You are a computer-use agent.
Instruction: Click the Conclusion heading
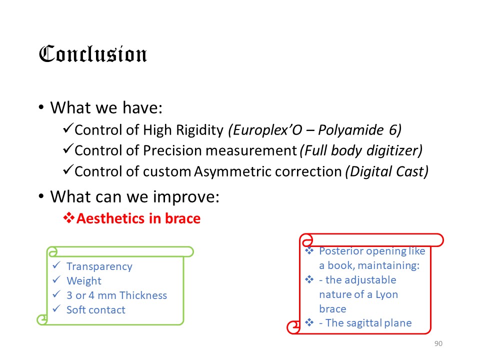pyautogui.click(x=93, y=54)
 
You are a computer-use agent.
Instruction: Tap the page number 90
pyautogui.click(x=438, y=343)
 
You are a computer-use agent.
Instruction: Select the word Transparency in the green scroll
pyautogui.click(x=99, y=266)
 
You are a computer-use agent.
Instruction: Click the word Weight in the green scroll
pyautogui.click(x=84, y=281)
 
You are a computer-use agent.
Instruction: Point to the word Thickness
pyautogui.click(x=143, y=295)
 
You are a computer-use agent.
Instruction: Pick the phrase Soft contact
pyautogui.click(x=96, y=310)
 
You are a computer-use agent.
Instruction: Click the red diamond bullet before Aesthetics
pyautogui.click(x=69, y=218)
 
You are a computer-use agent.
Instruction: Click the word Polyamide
pyautogui.click(x=351, y=130)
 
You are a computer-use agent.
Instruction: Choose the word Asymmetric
pyautogui.click(x=228, y=171)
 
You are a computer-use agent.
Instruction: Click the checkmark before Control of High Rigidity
pyautogui.click(x=68, y=128)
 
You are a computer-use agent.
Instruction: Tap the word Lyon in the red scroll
pyautogui.click(x=386, y=294)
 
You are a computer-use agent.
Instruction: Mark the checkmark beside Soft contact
pyautogui.click(x=56, y=308)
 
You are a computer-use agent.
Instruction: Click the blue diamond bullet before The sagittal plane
pyautogui.click(x=309, y=322)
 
